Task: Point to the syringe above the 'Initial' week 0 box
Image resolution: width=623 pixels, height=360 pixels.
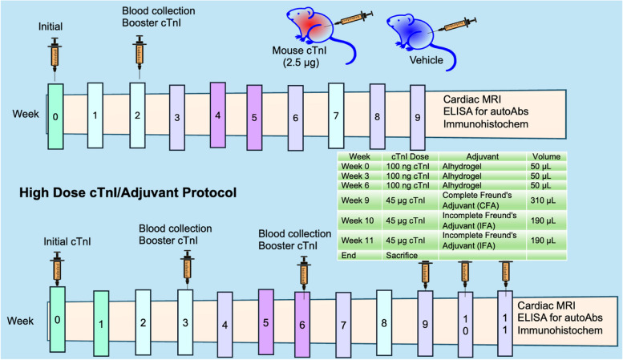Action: click(x=55, y=55)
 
